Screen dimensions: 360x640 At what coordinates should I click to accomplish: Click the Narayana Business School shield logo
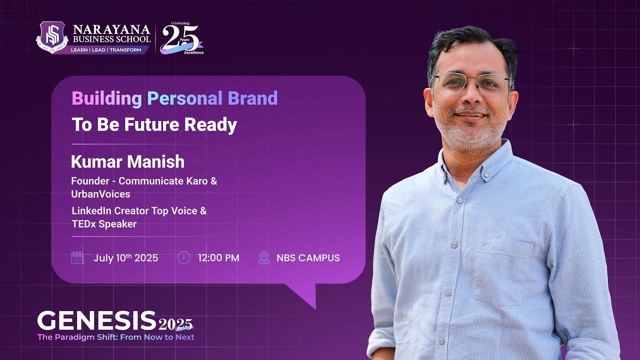click(x=52, y=37)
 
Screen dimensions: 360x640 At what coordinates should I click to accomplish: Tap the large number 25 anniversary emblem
click(x=180, y=38)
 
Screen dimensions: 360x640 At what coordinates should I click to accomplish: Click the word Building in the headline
click(x=106, y=98)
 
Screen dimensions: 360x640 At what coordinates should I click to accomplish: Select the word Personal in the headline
click(x=185, y=98)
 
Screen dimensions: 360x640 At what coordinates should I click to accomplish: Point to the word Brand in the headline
click(x=252, y=98)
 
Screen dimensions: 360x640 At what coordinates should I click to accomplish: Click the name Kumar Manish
click(x=127, y=161)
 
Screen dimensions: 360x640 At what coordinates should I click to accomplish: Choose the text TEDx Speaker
click(x=104, y=224)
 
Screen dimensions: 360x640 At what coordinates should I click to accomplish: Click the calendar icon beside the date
click(x=77, y=258)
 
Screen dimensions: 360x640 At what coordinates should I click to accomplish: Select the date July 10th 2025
click(x=125, y=258)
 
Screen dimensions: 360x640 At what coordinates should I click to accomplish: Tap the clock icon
click(x=183, y=258)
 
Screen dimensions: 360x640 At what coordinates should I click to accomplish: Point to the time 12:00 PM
click(x=218, y=258)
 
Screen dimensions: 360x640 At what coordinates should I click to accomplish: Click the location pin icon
click(x=263, y=258)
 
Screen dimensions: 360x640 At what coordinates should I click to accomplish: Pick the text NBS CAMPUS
click(x=308, y=258)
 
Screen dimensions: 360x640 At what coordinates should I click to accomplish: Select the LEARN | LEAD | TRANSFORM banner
click(x=105, y=50)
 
